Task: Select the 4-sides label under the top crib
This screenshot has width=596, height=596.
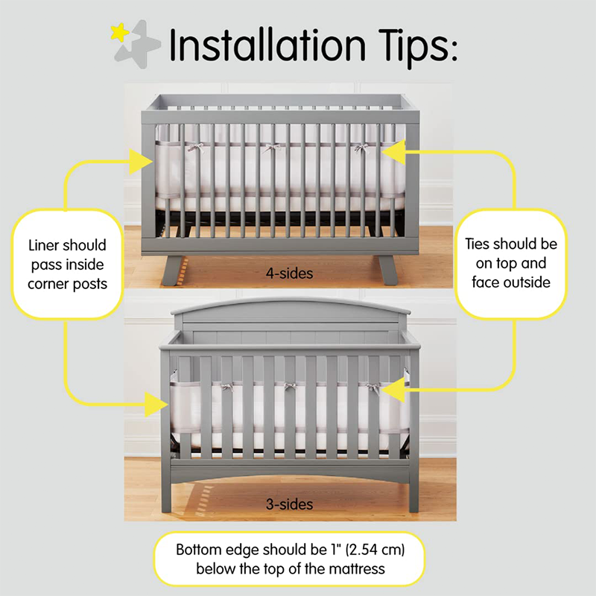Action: click(289, 273)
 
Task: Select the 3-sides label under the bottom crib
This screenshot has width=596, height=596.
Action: click(289, 504)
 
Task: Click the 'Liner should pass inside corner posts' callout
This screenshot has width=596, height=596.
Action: click(67, 264)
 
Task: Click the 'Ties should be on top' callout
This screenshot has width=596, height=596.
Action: click(511, 263)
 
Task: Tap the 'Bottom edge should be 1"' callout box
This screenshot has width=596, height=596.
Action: click(288, 560)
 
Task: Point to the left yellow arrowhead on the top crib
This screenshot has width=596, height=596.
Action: click(139, 159)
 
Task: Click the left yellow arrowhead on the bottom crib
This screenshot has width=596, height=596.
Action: click(156, 404)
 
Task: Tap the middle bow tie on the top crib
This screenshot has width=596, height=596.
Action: click(272, 148)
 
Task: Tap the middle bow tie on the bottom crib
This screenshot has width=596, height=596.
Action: click(287, 386)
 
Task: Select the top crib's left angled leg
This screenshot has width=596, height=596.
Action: click(174, 269)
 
